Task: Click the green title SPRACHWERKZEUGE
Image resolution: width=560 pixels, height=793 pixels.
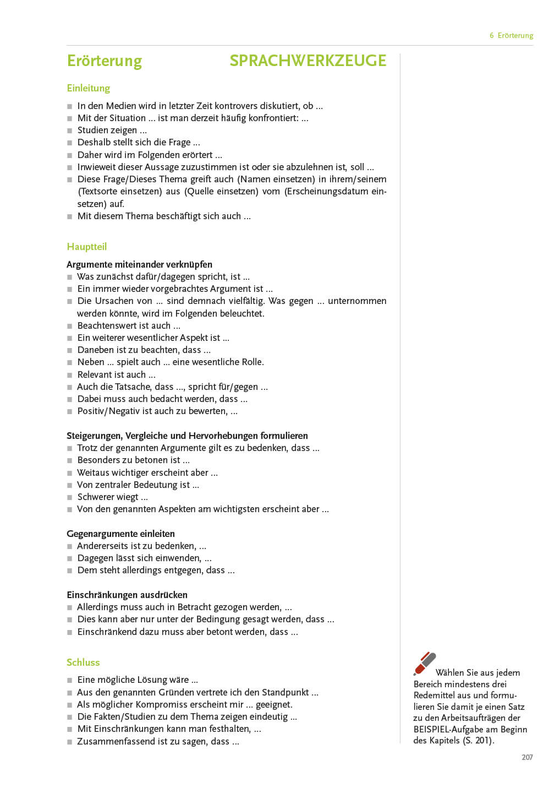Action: point(308,61)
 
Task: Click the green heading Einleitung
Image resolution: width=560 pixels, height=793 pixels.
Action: point(88,88)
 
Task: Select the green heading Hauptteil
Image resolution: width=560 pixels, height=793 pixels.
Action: point(86,247)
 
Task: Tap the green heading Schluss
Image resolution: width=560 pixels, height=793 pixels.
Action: point(83,662)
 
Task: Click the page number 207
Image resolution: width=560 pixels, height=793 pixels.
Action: point(527,757)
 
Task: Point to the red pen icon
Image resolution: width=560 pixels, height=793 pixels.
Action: point(424,664)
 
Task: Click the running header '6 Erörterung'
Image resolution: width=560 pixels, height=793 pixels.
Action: point(511,35)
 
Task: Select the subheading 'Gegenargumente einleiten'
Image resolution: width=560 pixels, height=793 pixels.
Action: point(120,534)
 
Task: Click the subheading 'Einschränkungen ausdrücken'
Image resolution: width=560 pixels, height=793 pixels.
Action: point(127,595)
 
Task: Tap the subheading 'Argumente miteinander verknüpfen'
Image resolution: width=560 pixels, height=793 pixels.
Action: point(139,264)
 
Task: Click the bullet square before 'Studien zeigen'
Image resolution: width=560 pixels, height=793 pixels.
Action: point(70,131)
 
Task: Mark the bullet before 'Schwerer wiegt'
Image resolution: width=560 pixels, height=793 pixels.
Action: point(70,497)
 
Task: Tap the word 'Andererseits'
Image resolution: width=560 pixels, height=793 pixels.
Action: point(101,546)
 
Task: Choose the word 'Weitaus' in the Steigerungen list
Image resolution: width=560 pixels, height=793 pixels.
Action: point(93,472)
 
